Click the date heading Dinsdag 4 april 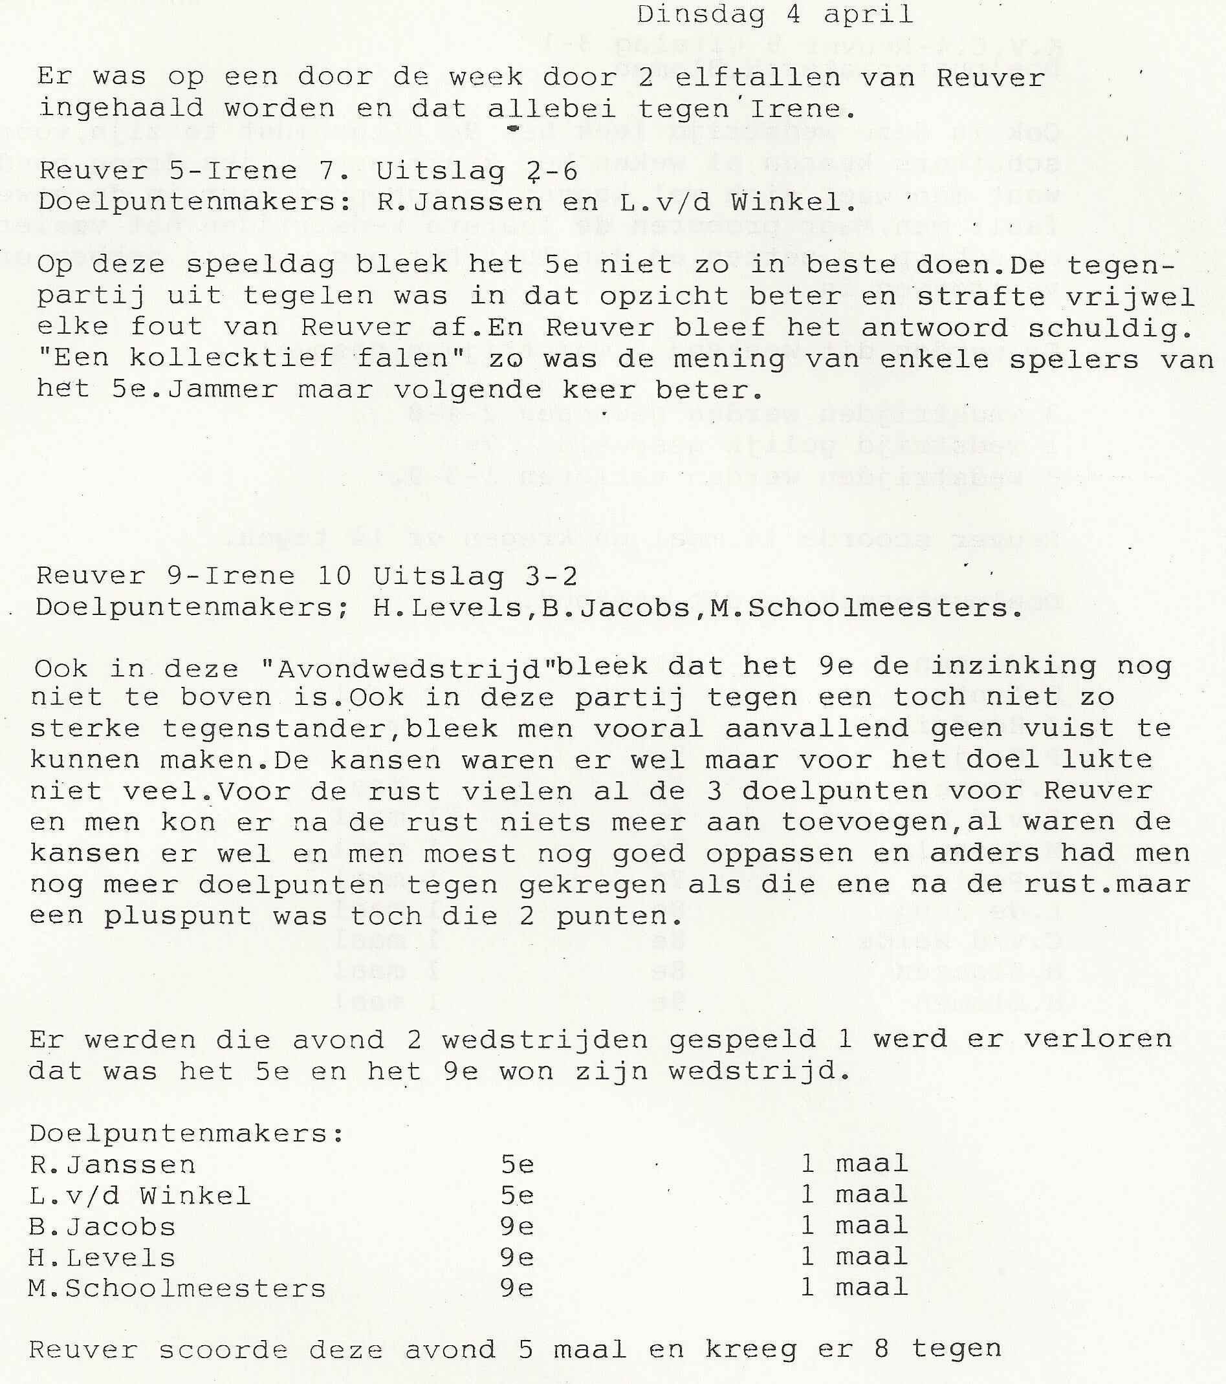(x=774, y=15)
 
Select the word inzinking (x=1013, y=666)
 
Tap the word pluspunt (x=178, y=916)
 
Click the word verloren (x=1097, y=1039)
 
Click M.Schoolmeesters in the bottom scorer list (x=177, y=1288)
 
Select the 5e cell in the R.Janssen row (x=518, y=1164)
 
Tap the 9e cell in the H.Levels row (x=518, y=1257)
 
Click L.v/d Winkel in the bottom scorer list (x=140, y=1195)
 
